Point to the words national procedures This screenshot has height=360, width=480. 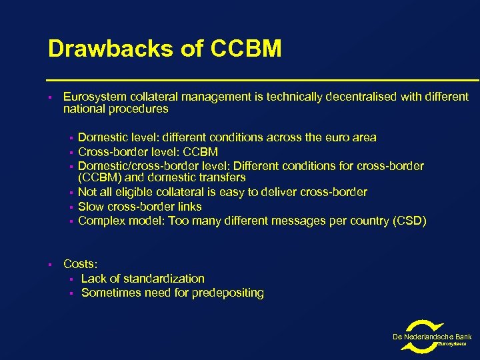coord(115,109)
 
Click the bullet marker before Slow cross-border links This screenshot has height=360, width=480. coord(71,207)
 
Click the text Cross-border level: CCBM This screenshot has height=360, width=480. coord(148,152)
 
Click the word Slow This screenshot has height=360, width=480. coord(91,207)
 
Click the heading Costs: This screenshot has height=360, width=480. coord(80,264)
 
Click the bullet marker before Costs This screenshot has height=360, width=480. coord(51,265)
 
